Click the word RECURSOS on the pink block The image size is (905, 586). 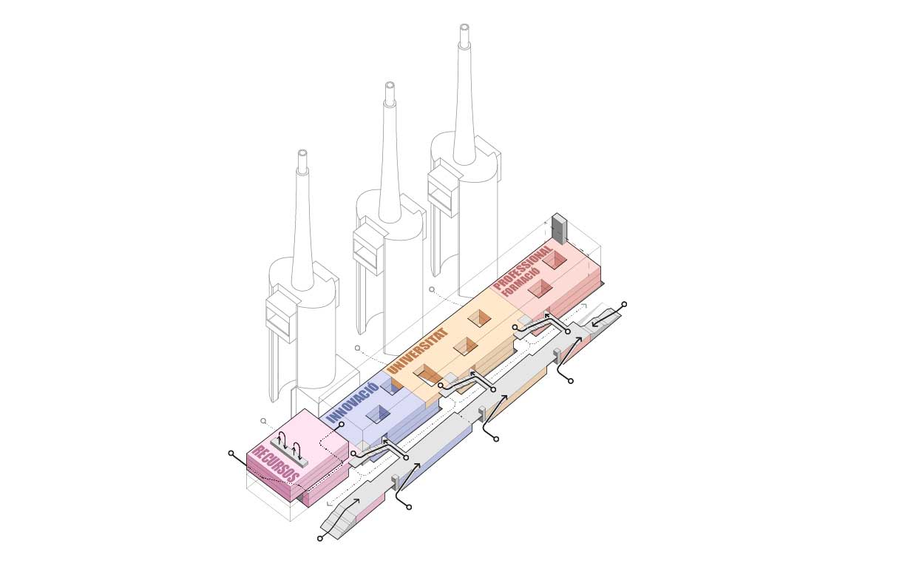[276, 464]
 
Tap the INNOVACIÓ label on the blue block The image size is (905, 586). [353, 403]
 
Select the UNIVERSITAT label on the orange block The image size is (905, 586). [416, 350]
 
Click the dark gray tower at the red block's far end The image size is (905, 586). [559, 229]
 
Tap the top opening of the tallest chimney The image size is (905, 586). [464, 28]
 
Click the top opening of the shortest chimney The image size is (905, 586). [302, 153]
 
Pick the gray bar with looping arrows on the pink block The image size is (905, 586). [289, 453]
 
